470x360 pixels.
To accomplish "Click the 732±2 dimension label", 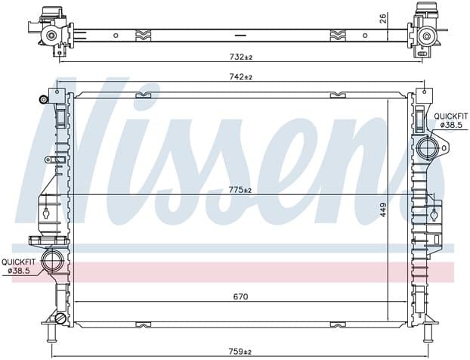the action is click(241, 57).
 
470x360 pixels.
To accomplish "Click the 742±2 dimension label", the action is click(241, 77).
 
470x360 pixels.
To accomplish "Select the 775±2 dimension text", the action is click(240, 190).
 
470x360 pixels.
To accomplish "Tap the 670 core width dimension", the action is click(241, 297).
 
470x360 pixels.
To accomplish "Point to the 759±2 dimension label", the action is click(240, 351).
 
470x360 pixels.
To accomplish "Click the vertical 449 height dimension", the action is click(383, 210).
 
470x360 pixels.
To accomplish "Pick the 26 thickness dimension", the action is click(383, 19).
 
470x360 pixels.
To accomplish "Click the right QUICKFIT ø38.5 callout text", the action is click(451, 120).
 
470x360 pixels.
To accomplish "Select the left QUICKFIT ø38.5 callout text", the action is click(19, 266).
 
